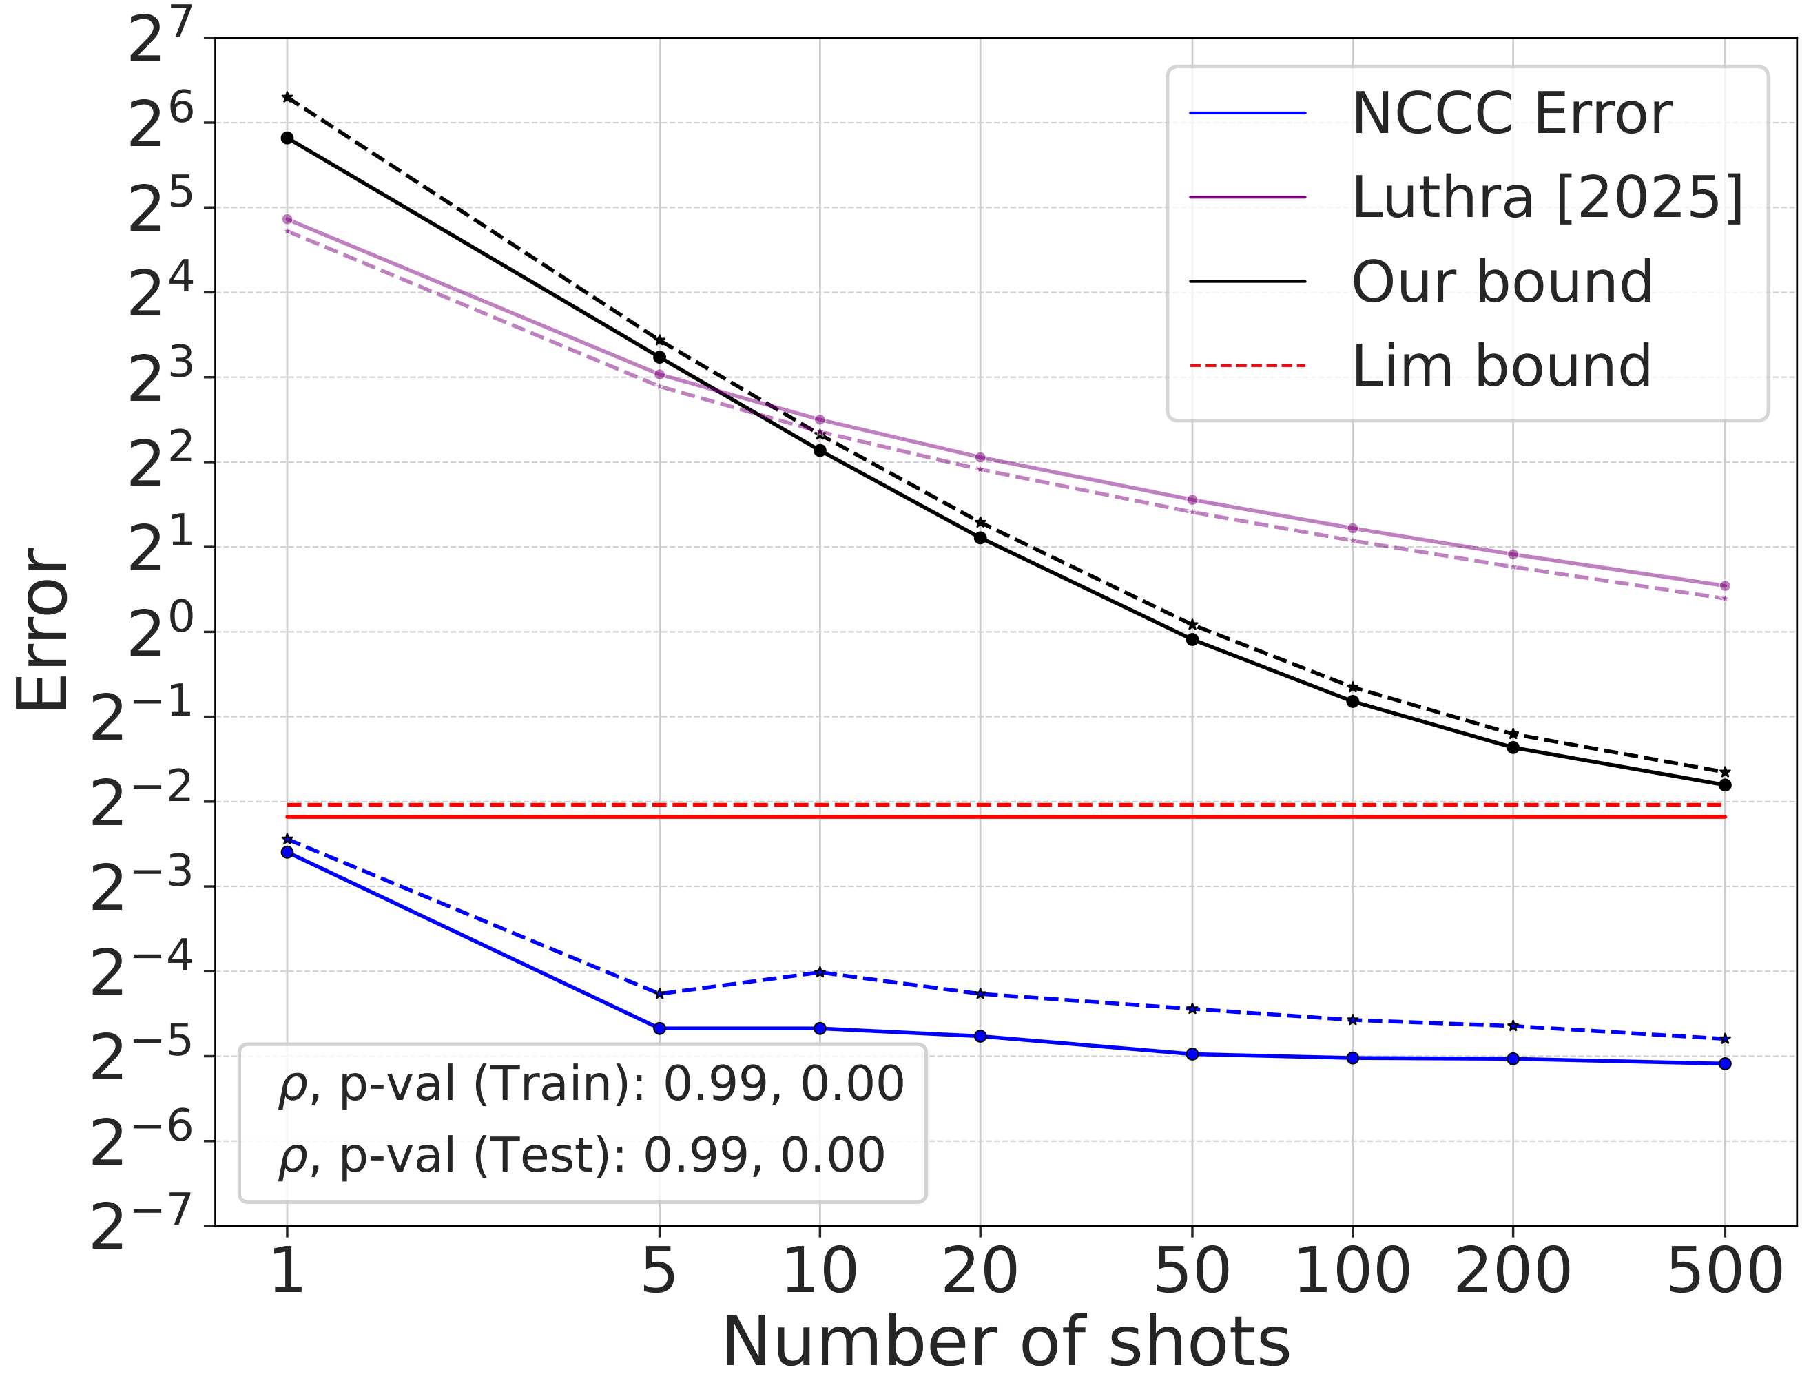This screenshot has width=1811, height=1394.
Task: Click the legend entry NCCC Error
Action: pos(1511,114)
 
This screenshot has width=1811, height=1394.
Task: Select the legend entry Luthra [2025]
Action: pos(1547,198)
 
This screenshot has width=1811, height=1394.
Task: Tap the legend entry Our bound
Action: pos(1502,282)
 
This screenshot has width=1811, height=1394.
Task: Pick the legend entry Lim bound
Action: pos(1501,366)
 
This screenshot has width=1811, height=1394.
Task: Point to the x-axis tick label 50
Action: pos(1192,1271)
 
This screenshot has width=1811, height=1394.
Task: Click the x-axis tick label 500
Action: pos(1724,1271)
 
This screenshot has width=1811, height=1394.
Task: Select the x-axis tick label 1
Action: pos(287,1271)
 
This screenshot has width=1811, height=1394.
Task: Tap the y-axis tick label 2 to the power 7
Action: pos(160,37)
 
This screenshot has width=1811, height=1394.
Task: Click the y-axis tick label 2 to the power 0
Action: pos(160,632)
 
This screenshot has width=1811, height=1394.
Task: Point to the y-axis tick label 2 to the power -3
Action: pos(141,886)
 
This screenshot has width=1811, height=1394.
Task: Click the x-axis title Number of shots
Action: pos(1006,1342)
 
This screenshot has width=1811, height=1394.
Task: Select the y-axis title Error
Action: pos(43,630)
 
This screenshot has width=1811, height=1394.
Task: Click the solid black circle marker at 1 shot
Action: pos(287,138)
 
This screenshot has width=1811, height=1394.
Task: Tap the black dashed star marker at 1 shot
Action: pos(287,98)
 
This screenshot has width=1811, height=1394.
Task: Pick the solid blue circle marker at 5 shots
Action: pos(659,1028)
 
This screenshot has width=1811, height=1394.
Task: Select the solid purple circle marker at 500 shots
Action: pos(1725,585)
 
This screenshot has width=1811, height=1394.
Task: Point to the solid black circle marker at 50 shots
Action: pos(1192,639)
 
